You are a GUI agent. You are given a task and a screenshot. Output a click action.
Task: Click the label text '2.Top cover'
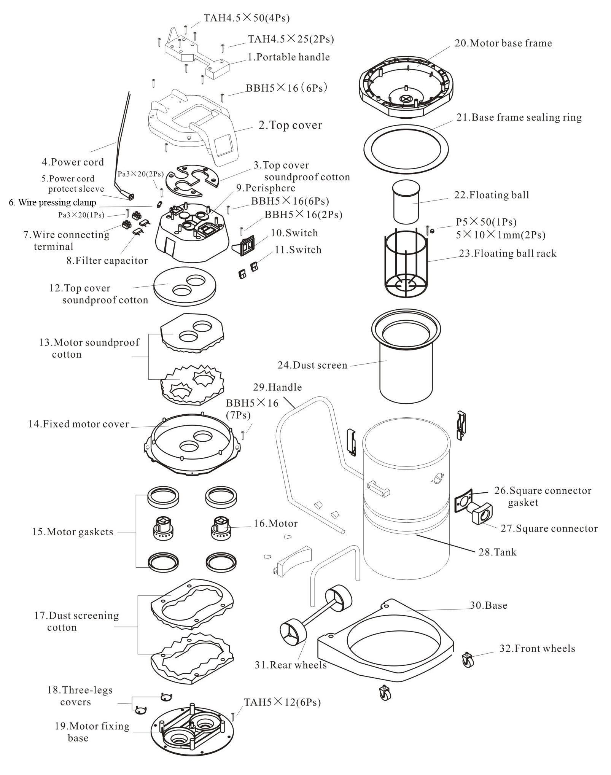[290, 125]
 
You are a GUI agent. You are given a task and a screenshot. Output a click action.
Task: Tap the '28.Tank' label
[497, 552]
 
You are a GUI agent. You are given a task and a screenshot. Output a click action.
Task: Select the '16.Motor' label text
[275, 524]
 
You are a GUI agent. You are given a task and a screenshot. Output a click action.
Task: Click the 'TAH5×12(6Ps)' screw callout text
[282, 702]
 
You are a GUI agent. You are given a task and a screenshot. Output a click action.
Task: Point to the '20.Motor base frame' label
[503, 43]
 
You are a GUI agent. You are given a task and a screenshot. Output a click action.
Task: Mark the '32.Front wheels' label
[537, 649]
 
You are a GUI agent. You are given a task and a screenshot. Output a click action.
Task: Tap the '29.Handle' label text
[277, 387]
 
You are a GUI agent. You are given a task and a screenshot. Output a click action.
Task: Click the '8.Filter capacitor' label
[107, 261]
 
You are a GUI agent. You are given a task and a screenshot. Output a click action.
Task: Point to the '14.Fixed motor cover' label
[78, 424]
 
